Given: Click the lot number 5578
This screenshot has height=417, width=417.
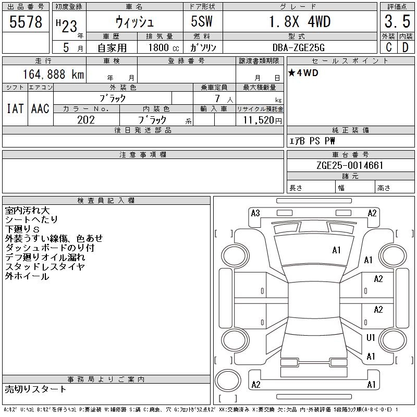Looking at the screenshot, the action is [x=26, y=22].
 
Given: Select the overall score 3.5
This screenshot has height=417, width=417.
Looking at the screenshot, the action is [x=396, y=22].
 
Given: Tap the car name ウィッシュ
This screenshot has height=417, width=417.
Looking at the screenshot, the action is [x=134, y=22].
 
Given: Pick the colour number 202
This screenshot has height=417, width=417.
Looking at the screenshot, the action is [x=86, y=120].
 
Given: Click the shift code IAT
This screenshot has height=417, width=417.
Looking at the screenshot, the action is [x=15, y=108].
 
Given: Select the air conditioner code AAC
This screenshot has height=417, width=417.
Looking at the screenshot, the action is [x=40, y=108].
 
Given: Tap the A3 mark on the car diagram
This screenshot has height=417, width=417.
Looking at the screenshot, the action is [x=255, y=213].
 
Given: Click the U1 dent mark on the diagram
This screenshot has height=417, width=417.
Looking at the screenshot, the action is [x=371, y=338].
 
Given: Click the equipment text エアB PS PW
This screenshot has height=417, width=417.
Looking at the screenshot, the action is [x=312, y=141].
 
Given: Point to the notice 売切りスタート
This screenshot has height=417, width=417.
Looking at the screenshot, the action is [x=36, y=389].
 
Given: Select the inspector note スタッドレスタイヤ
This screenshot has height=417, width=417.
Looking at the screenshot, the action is [x=45, y=267].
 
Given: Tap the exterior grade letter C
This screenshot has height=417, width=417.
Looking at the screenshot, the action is [x=388, y=47].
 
